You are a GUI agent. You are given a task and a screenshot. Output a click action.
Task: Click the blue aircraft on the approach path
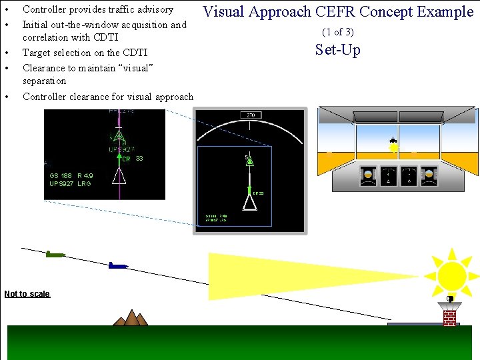coord(117,265)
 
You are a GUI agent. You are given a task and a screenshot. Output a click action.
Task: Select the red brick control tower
coord(450,314)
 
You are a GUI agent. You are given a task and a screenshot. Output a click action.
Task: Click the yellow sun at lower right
coord(452,274)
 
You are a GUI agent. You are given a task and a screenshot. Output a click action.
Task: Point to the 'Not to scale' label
coord(27,294)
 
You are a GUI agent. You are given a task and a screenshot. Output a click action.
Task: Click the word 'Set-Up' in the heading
coord(338,50)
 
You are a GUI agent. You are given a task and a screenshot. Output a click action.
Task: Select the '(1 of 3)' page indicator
coord(338,32)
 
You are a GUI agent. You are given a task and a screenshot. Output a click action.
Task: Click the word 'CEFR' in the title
coord(335,12)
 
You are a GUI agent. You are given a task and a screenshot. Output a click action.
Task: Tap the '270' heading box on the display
coord(251,115)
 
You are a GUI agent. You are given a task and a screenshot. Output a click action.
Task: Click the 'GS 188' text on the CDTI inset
coord(61,176)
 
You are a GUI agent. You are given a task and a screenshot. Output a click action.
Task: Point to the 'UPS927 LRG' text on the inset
coord(71,184)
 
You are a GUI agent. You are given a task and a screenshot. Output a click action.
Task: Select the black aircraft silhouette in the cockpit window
coord(393,141)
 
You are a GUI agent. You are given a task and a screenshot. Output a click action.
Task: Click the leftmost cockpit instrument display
coord(367,176)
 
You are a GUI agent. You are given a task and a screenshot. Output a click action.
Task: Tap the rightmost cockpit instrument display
coord(431,176)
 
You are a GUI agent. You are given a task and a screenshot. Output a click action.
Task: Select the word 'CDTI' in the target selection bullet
coord(135,53)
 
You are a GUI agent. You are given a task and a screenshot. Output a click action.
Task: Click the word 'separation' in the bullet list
coord(45,81)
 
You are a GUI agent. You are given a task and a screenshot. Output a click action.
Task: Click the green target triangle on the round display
coord(249,161)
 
